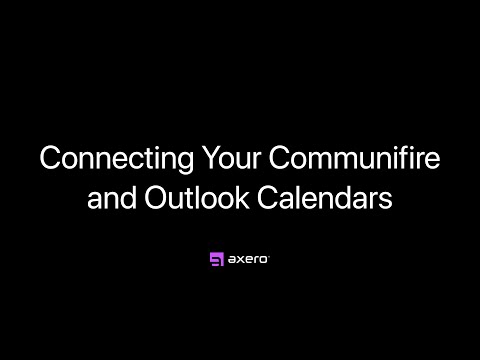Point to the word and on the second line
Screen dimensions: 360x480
111,195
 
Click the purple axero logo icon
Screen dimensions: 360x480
215,260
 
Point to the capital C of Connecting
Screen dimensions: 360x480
47,159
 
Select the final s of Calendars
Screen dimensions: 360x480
385,197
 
